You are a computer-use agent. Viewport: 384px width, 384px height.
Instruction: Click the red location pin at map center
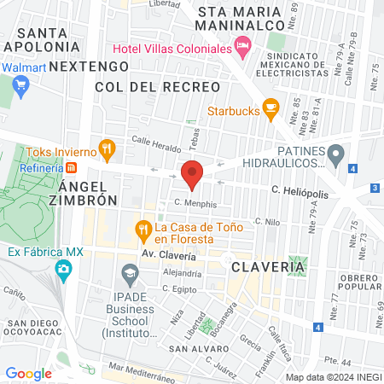(193, 173)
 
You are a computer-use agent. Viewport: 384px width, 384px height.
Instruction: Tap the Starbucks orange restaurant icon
(271, 108)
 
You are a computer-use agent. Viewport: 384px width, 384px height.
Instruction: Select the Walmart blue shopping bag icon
(22, 84)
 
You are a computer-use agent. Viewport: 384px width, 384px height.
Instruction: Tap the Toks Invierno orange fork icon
(107, 150)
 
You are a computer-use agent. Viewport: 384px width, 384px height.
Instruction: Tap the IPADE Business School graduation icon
(130, 275)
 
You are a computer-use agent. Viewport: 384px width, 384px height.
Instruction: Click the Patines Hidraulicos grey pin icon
(337, 155)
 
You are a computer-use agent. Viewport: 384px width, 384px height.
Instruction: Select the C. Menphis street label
(195, 204)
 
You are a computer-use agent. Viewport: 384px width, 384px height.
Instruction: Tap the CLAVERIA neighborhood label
(267, 267)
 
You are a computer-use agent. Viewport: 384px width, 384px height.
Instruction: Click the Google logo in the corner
(29, 373)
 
